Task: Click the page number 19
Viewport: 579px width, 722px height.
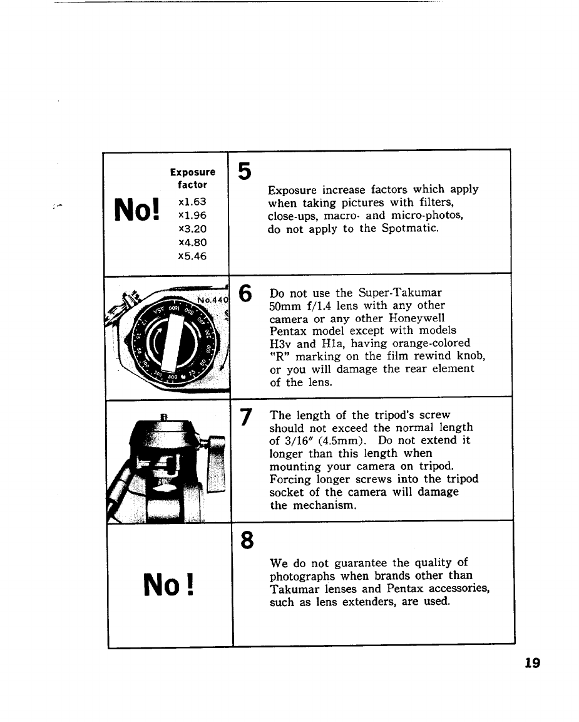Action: click(x=532, y=662)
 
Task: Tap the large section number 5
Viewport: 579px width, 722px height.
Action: click(x=245, y=170)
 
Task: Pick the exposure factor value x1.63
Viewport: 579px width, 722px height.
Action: click(x=192, y=202)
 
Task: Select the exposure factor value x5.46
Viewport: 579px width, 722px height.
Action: click(x=192, y=256)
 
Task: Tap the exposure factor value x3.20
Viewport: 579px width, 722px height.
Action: click(x=192, y=229)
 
